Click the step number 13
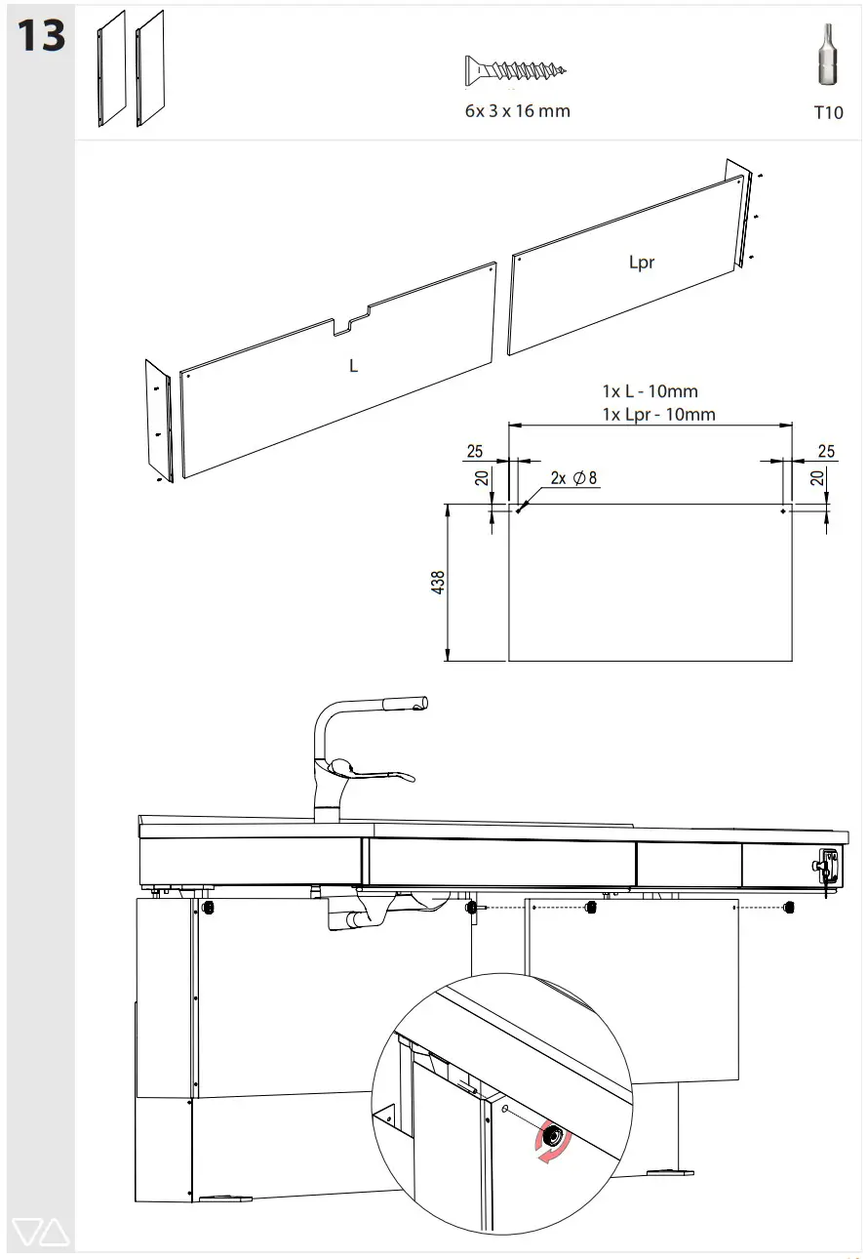[41, 37]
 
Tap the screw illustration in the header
[516, 71]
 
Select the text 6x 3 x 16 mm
[517, 111]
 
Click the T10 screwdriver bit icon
[827, 59]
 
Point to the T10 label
[827, 113]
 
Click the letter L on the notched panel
[354, 366]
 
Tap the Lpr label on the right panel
[641, 263]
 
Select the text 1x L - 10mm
[650, 391]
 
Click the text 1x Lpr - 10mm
[658, 415]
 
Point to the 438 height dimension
[438, 583]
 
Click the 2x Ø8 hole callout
[572, 478]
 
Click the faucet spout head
[405, 705]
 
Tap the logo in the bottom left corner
[42, 1233]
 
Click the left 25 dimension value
[475, 451]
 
